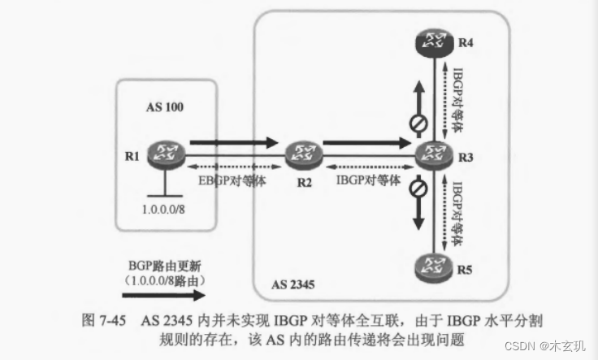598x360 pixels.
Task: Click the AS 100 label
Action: (167, 106)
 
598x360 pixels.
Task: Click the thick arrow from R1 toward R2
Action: (232, 142)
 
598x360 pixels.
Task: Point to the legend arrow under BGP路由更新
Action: (162, 298)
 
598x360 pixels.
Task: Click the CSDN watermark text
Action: (544, 345)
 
